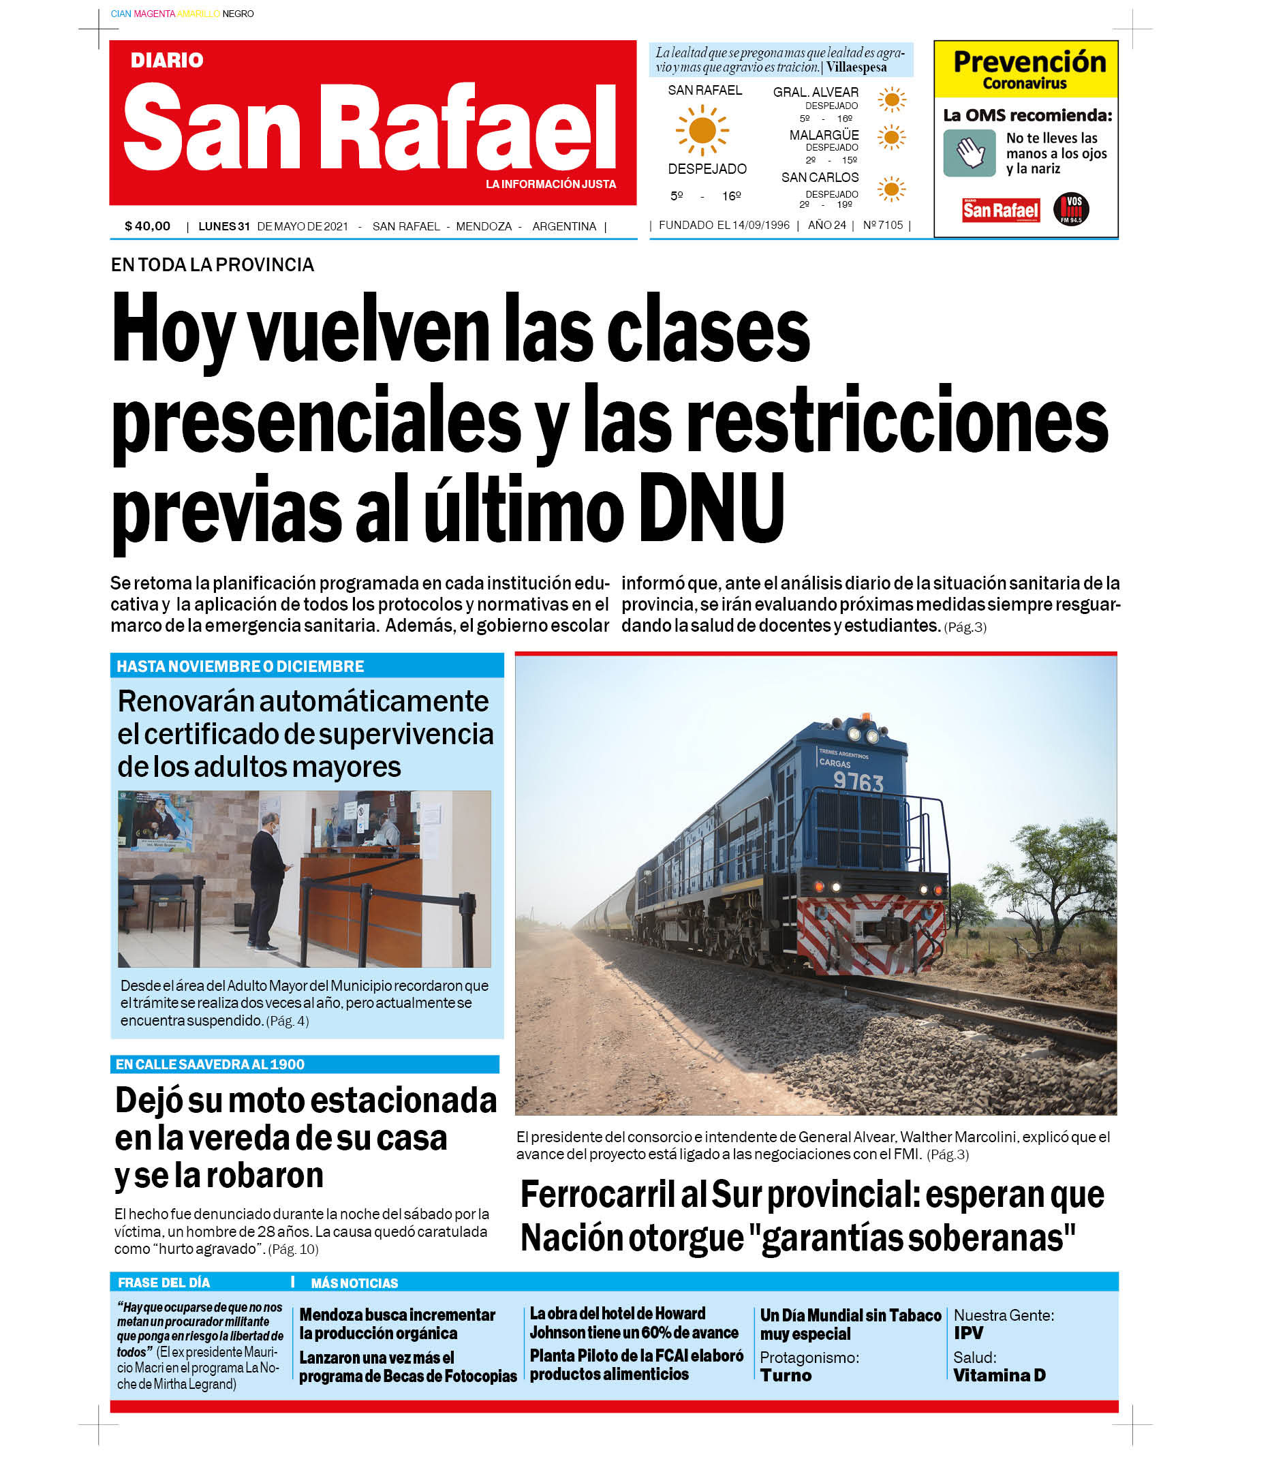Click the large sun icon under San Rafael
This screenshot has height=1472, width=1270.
point(702,130)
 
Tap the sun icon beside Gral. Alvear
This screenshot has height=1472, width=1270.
point(891,99)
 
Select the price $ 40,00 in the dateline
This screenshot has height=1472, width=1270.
point(147,226)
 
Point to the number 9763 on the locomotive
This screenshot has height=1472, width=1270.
point(858,782)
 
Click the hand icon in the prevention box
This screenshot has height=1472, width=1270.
point(969,153)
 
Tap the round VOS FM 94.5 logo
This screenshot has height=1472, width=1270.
point(1070,209)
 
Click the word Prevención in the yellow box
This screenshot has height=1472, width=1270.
point(1029,62)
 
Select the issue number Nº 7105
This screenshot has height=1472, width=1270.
point(883,225)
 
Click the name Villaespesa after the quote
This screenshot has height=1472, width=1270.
point(856,67)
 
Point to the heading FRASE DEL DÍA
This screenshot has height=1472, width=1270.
point(164,1283)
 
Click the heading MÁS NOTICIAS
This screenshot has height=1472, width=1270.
point(354,1283)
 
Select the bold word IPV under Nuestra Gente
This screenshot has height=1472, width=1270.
point(968,1333)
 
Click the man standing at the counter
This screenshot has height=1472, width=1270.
point(267,881)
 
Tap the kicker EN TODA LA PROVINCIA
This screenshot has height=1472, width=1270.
point(212,265)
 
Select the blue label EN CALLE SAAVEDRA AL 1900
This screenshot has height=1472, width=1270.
point(210,1064)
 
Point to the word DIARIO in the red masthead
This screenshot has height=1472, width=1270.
point(167,61)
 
